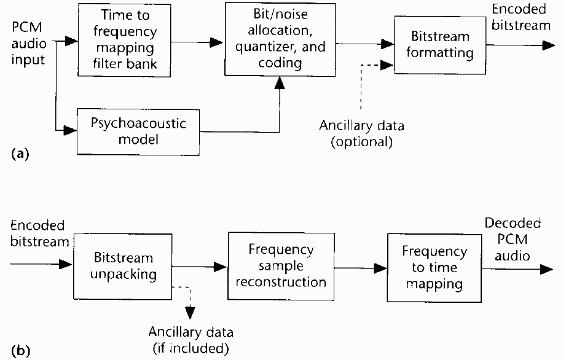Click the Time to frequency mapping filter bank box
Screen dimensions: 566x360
124,40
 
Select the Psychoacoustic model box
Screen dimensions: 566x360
138,132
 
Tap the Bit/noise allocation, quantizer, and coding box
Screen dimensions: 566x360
280,39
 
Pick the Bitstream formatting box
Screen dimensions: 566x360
440,45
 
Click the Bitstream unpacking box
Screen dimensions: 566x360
123,266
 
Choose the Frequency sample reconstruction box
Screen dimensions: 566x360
281,266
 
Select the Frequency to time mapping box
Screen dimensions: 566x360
434,268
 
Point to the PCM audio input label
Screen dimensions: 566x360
28,43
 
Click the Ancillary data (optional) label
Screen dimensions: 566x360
362,133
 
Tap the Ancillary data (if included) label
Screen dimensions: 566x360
191,340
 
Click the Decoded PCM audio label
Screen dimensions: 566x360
513,239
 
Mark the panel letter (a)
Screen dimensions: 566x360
20,154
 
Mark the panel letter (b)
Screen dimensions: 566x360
20,351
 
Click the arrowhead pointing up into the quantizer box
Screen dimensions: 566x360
280,82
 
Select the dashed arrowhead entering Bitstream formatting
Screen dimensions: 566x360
387,65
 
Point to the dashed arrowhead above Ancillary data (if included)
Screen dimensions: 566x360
190,313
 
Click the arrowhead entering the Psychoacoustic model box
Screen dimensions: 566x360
71,130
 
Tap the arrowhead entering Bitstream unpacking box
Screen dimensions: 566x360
66,264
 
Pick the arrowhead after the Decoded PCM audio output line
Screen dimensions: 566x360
546,269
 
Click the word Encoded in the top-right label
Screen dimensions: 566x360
519,9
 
